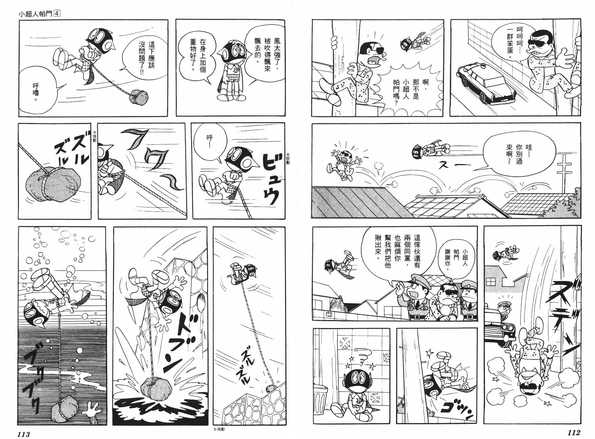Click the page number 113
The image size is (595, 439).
pos(24,434)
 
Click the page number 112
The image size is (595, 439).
pos(574,433)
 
